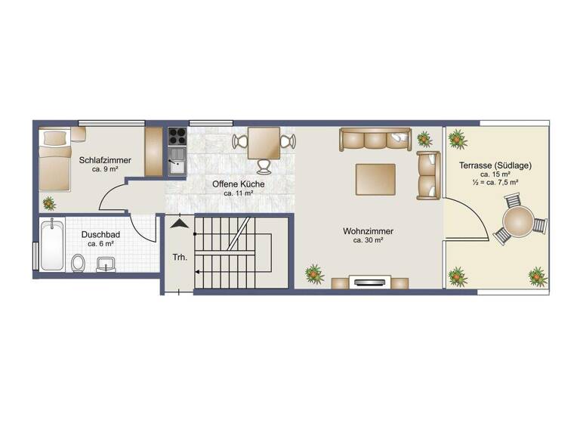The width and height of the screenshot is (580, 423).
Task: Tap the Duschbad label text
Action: [x=97, y=234]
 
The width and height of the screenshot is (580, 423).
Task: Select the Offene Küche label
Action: [x=238, y=184]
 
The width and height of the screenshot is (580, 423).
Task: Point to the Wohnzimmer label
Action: [x=368, y=231]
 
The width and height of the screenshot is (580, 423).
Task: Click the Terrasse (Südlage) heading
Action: [x=495, y=165]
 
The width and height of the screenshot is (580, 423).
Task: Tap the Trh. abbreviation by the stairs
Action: [x=180, y=258]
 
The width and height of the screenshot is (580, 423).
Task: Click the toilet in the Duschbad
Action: [x=78, y=263]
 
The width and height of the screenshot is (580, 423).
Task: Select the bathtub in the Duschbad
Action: [x=51, y=244]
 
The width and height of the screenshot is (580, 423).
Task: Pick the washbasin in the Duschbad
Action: [x=106, y=264]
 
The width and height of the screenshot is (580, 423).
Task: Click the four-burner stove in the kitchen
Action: [x=177, y=136]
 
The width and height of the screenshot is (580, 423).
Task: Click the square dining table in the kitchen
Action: [x=264, y=142]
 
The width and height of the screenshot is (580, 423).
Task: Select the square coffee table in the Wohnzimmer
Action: [x=375, y=179]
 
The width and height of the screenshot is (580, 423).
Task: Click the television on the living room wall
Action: [x=370, y=283]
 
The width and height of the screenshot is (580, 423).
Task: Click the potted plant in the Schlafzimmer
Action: [x=50, y=202]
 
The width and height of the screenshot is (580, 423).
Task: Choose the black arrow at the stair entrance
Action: [x=179, y=223]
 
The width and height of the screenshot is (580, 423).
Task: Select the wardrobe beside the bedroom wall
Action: [x=153, y=151]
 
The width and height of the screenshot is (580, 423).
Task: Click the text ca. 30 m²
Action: [x=368, y=241]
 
